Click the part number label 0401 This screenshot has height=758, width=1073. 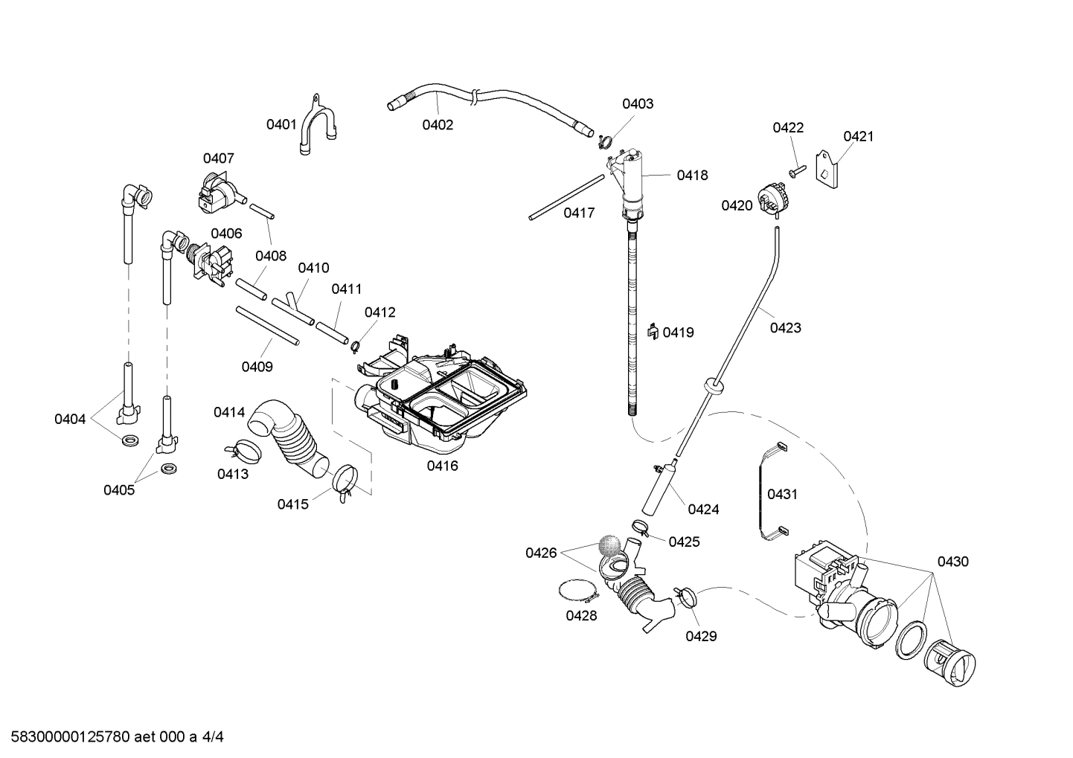[281, 124]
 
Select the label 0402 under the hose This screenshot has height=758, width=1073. [438, 125]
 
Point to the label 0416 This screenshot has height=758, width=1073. [442, 466]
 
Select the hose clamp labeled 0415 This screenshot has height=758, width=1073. [344, 481]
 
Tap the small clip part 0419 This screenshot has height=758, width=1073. [652, 331]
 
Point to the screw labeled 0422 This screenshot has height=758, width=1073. [796, 170]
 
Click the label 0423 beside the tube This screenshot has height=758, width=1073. [785, 327]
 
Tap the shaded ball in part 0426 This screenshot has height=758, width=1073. [609, 546]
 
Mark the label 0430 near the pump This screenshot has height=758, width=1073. [952, 562]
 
